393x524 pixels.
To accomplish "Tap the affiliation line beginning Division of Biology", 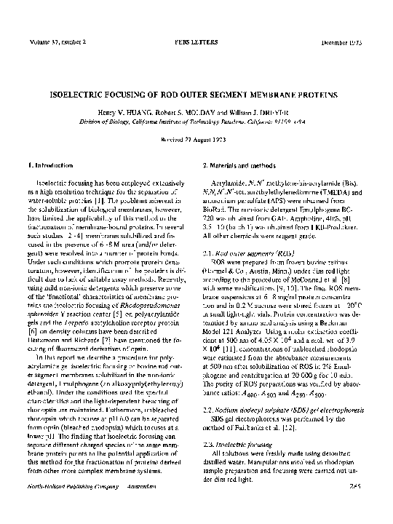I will click(x=196, y=123).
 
